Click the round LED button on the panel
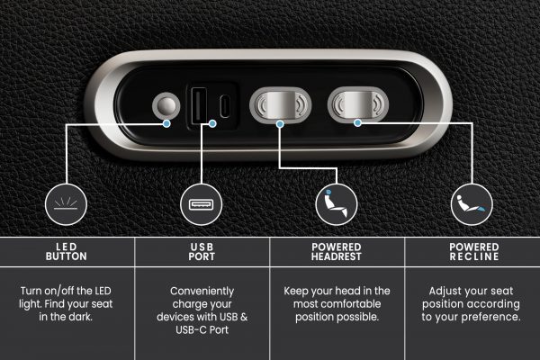[166, 105]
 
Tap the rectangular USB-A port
[200, 105]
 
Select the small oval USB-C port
[224, 106]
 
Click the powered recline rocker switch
[358, 104]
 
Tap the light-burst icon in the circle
[66, 203]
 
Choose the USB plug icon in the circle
[201, 204]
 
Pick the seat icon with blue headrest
[335, 203]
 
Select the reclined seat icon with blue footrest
[471, 203]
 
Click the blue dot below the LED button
[166, 123]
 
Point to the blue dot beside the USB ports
[212, 123]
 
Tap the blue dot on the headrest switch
[280, 123]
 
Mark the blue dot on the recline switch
[358, 122]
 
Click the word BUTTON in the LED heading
[66, 256]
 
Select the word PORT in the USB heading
[202, 256]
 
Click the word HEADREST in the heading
[336, 256]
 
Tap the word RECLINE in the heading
[474, 256]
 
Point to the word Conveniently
[202, 292]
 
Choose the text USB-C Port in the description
[202, 329]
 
